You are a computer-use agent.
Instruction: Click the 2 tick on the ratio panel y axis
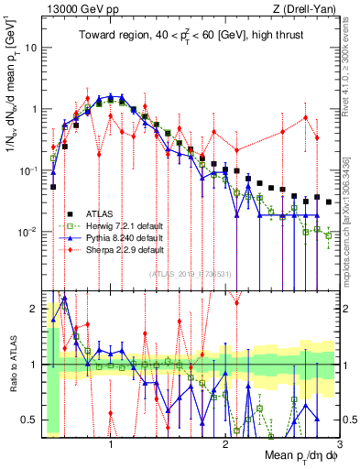34,309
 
